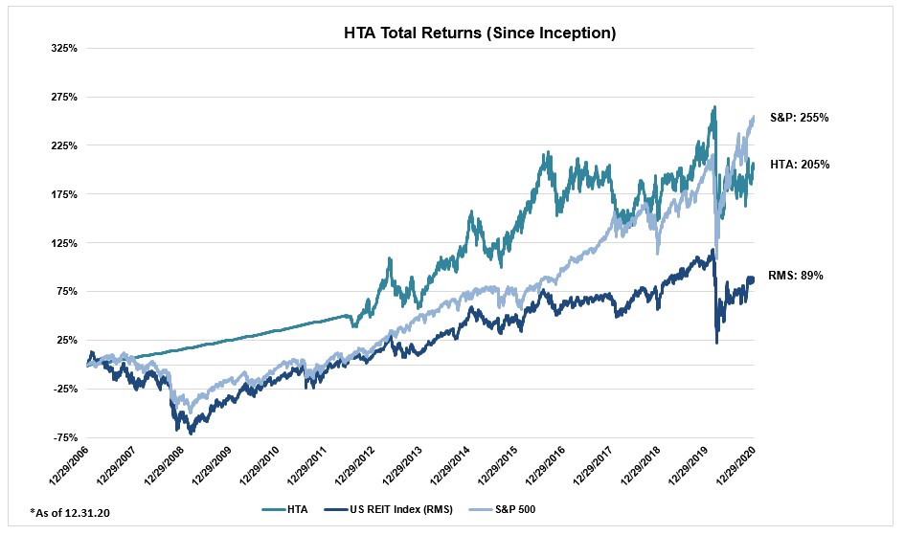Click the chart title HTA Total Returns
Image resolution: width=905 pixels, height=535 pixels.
(479, 33)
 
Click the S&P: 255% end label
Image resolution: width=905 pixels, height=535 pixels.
(799, 118)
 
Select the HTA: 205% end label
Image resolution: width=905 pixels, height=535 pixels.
(799, 165)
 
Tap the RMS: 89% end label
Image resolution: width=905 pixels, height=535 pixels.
(796, 276)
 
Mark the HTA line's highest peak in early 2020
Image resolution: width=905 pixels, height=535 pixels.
(713, 107)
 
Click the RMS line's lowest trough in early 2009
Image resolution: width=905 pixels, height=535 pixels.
(192, 434)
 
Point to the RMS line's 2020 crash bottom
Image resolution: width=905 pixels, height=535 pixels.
(717, 343)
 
